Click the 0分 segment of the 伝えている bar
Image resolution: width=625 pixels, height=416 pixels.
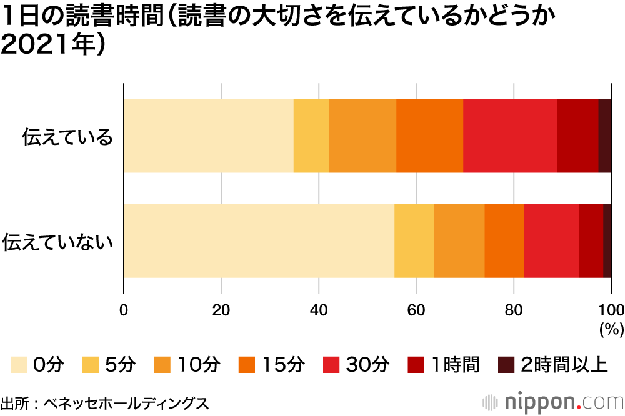tap(209, 136)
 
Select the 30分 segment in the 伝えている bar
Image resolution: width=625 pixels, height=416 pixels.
tap(510, 136)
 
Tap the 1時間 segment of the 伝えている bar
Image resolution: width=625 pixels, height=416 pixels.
tap(577, 136)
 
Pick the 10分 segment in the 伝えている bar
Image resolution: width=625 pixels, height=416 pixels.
tap(362, 136)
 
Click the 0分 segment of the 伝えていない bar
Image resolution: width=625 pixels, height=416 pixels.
tap(259, 240)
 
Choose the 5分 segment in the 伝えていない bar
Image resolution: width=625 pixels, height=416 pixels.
tap(414, 240)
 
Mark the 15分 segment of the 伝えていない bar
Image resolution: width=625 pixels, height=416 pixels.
tap(504, 240)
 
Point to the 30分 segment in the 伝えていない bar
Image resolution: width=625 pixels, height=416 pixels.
tap(551, 240)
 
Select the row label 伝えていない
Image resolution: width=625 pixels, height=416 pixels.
tap(57, 241)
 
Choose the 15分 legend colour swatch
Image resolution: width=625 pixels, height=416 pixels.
tap(247, 364)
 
